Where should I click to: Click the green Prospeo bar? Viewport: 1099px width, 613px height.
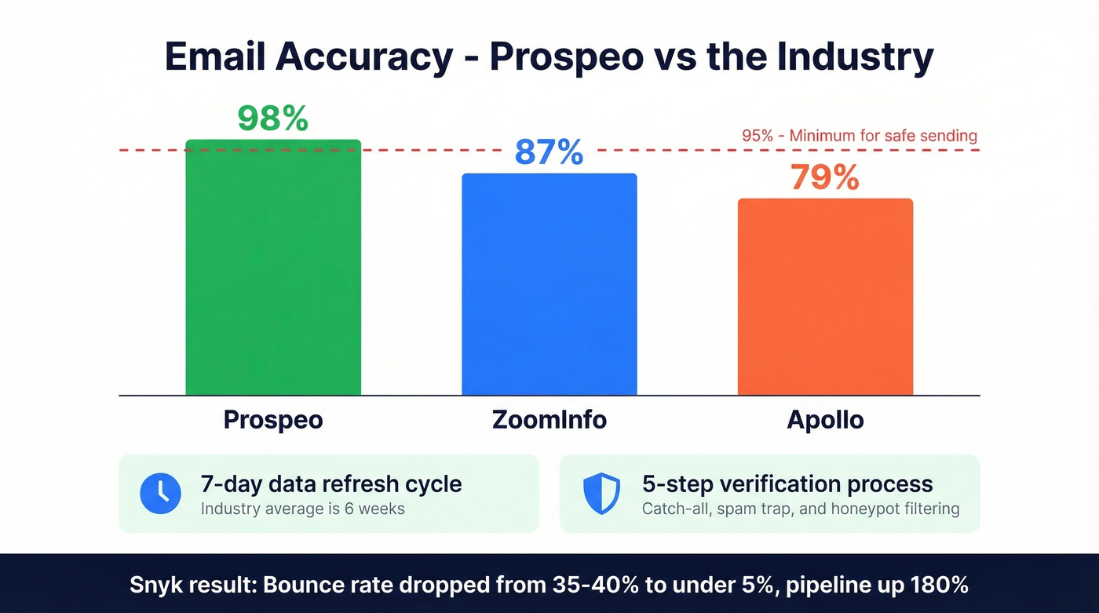273,267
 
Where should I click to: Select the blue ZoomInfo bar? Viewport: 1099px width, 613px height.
549,284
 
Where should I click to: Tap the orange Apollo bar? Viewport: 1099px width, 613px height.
825,297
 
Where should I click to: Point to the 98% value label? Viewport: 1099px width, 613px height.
272,119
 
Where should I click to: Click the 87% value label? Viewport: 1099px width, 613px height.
549,152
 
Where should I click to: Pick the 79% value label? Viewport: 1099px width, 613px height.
825,177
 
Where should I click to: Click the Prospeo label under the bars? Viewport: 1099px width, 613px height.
273,420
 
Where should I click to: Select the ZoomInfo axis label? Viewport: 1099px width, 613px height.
549,420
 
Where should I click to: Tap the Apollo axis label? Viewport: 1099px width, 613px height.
825,420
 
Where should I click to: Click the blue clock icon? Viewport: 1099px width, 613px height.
160,493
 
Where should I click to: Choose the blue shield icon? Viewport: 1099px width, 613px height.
601,493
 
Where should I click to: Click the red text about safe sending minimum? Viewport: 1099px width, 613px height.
860,136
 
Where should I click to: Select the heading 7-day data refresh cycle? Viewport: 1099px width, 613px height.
331,483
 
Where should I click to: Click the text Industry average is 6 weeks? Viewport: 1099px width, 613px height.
303,509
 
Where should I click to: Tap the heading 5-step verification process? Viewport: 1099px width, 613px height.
787,483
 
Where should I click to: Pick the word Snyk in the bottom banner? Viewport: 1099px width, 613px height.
154,586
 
